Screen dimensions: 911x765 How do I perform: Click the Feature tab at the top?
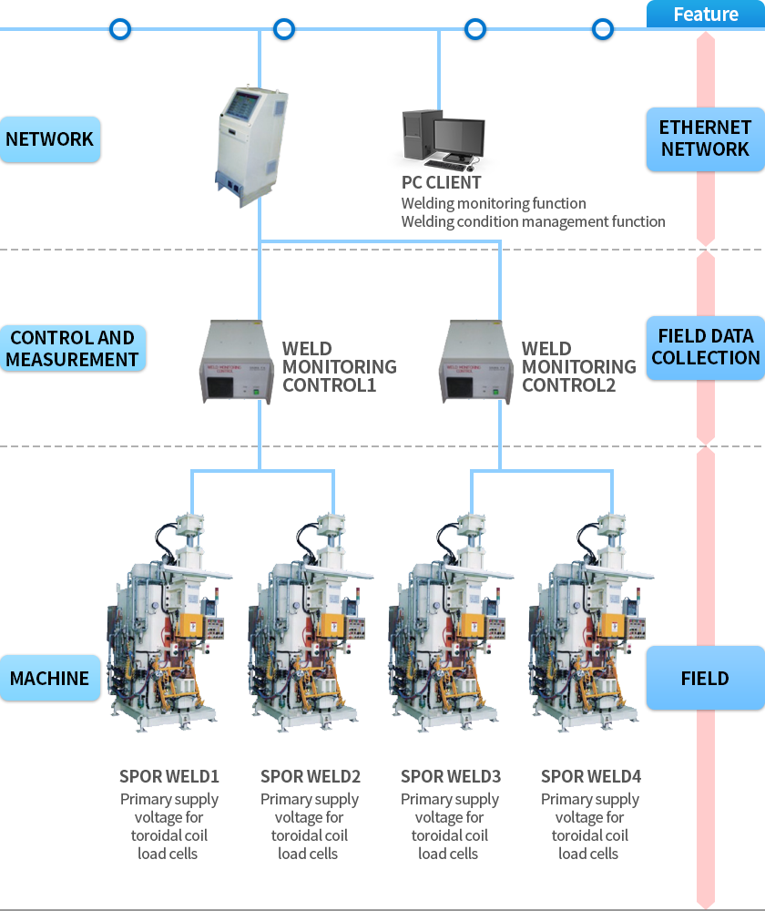[706, 15]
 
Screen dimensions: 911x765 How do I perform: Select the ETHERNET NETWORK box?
[705, 138]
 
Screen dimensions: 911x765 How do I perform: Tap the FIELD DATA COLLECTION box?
[705, 347]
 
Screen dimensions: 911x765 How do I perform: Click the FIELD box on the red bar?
[705, 678]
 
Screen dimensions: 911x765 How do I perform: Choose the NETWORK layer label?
[50, 139]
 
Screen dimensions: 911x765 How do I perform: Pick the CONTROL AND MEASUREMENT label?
[72, 348]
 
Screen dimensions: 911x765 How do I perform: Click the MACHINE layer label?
[50, 679]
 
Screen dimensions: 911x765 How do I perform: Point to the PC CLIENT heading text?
[442, 183]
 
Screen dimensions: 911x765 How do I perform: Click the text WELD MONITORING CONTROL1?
[339, 366]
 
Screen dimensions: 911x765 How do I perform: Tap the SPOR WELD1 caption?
[169, 776]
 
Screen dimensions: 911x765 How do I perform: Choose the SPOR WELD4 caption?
[591, 776]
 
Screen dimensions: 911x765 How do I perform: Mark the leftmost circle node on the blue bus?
[120, 29]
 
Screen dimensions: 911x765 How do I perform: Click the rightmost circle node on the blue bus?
[603, 29]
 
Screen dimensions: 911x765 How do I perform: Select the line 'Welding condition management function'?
[533, 221]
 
